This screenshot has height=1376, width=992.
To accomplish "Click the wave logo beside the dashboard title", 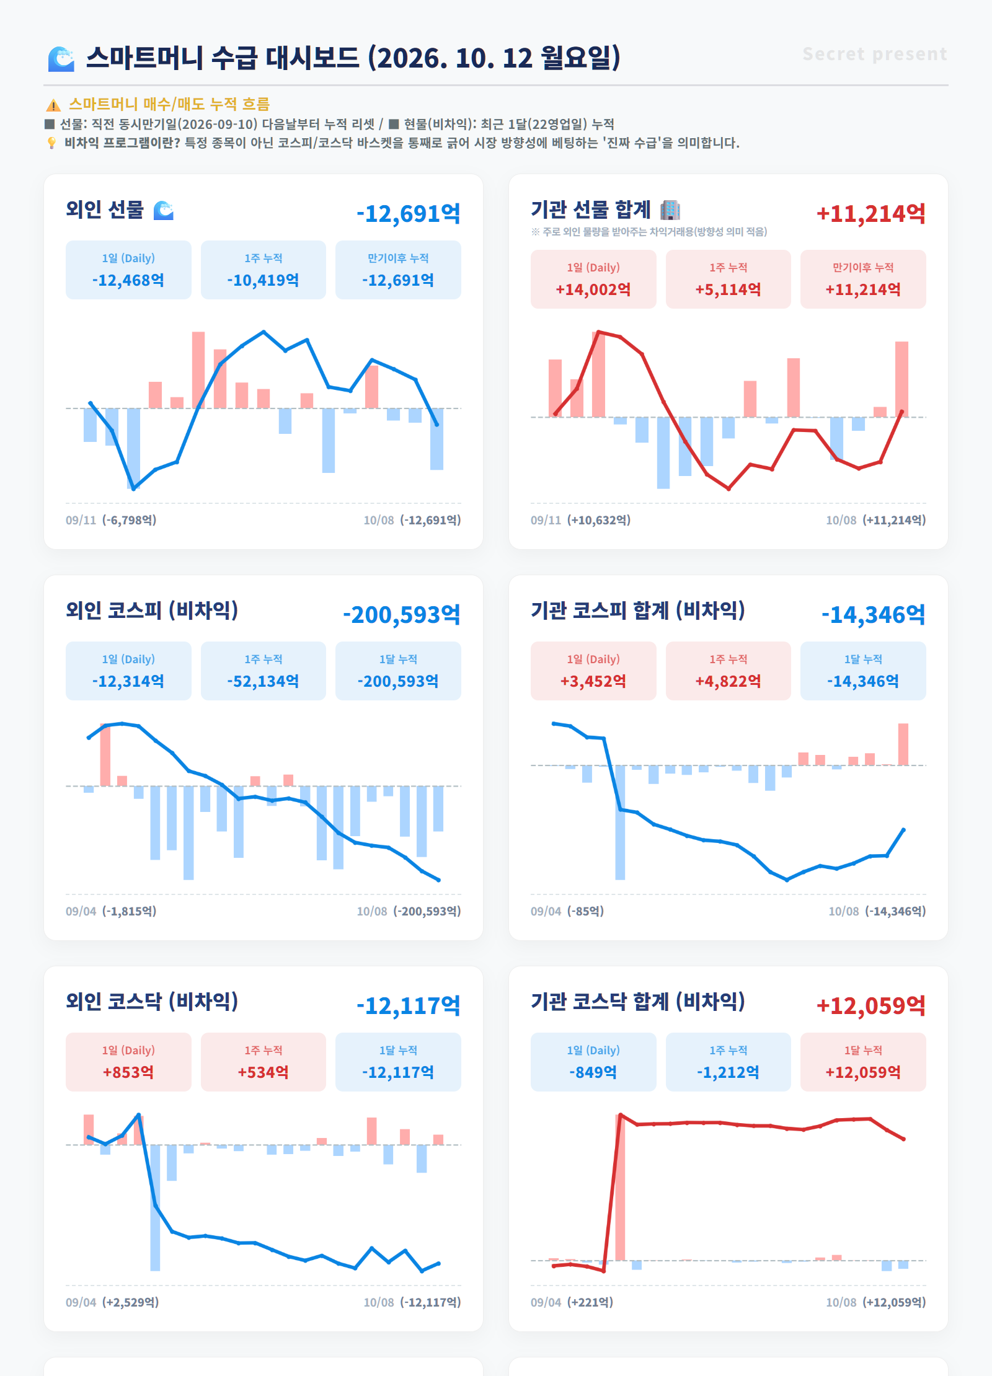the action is (61, 59).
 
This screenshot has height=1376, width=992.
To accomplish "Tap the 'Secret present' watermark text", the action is (875, 54).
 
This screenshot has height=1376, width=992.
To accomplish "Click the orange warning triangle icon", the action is (53, 105).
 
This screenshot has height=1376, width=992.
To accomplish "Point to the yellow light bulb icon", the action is (51, 143).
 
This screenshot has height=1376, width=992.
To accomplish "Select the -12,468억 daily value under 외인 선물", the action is (128, 280).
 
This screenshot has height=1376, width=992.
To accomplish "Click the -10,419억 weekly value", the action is (263, 280).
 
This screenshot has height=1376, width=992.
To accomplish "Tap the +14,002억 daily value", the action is (593, 289).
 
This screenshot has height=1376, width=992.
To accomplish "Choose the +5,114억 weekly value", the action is (728, 289).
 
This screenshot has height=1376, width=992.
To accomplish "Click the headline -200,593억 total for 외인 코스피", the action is (402, 615).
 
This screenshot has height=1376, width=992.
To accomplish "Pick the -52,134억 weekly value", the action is (263, 681).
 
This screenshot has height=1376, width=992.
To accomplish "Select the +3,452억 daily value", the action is (593, 681).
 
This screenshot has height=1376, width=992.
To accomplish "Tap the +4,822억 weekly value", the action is (728, 681).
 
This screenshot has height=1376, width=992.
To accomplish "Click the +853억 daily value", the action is (128, 1072).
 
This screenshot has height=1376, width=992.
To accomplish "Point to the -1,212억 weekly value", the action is (728, 1072).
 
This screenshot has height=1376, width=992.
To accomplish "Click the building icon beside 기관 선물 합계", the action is (670, 210).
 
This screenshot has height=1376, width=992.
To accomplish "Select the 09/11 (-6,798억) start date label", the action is (111, 520).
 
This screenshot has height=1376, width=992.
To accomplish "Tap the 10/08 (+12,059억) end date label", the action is (875, 1302).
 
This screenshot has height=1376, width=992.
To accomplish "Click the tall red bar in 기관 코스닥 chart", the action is (620, 1188).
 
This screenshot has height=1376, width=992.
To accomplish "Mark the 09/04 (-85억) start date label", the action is (567, 911).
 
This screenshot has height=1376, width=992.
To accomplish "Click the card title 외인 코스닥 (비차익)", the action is (152, 1001).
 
